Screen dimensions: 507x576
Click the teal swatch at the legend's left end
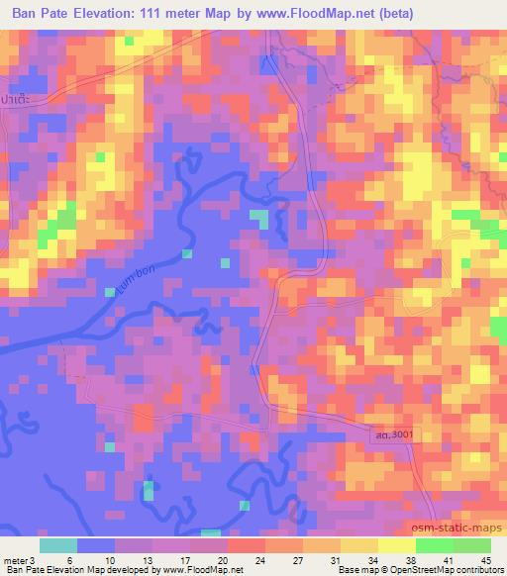pyautogui.click(x=58, y=545)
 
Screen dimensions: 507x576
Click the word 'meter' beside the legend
pyautogui.click(x=16, y=560)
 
